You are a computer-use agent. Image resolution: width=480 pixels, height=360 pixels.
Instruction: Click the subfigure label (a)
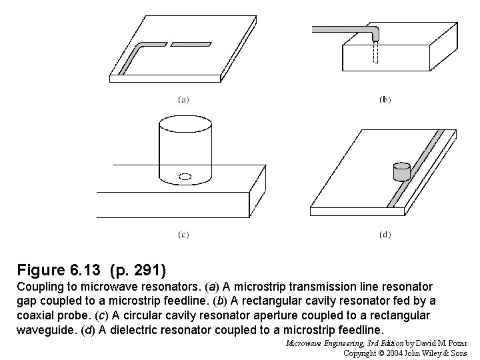click(183, 100)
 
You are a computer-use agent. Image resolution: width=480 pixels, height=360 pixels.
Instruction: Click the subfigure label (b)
click(385, 100)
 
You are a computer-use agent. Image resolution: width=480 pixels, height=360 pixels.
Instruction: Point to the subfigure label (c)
click(183, 234)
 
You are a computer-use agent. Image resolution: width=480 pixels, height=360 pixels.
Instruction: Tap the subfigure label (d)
click(385, 234)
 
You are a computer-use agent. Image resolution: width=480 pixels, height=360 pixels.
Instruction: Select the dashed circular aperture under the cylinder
click(186, 177)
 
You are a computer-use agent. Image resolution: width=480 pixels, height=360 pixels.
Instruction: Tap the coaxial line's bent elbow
click(373, 31)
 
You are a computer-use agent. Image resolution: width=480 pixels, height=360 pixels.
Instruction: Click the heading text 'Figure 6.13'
click(59, 271)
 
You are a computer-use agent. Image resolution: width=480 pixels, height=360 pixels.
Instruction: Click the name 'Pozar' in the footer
click(454, 343)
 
